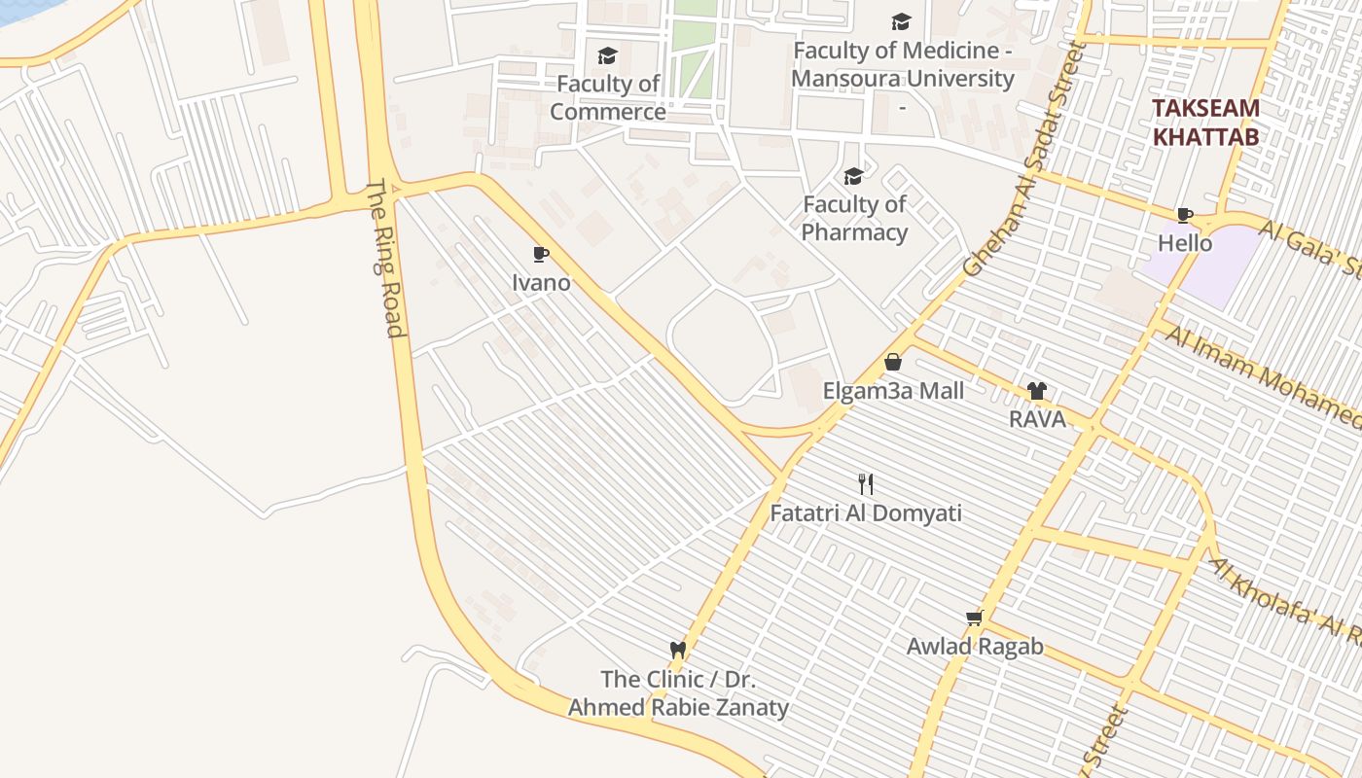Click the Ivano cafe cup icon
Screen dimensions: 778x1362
541,255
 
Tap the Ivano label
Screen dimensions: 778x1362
541,283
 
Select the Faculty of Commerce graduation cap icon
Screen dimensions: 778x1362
608,55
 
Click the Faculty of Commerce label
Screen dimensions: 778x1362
608,98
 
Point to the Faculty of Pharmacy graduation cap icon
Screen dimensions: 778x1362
853,176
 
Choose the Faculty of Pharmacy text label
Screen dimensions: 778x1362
854,219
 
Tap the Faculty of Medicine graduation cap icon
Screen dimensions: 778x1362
902,21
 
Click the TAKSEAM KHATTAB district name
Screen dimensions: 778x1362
1205,123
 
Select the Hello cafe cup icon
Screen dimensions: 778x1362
1184,215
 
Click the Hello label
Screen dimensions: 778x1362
1185,243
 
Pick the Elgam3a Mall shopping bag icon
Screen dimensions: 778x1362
893,363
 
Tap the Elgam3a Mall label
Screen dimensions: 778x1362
893,391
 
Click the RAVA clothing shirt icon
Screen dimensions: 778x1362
1036,391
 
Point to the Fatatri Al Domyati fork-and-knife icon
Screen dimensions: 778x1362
866,483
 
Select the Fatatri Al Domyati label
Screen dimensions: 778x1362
866,513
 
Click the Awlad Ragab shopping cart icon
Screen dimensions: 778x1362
975,618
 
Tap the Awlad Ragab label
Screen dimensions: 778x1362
975,647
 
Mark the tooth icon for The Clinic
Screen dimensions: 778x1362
678,649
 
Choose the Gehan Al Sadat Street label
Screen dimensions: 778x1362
1023,160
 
